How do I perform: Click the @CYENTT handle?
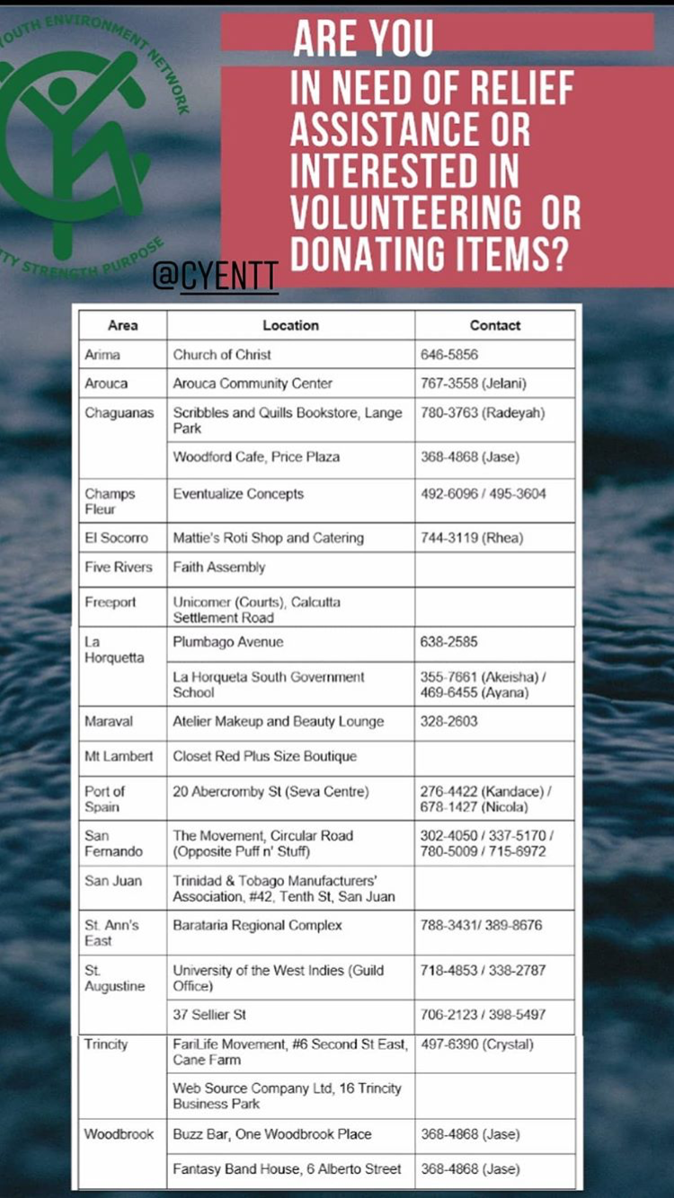click(215, 277)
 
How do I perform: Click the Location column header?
click(290, 325)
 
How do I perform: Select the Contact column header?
click(494, 325)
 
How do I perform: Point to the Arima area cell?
click(102, 355)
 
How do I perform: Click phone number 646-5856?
click(449, 355)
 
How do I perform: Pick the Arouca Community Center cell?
click(253, 383)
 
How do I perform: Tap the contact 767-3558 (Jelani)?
click(473, 383)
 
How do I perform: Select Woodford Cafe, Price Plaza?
click(256, 457)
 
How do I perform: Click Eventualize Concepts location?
click(238, 494)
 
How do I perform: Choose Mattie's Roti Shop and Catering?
click(268, 538)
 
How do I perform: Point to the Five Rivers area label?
click(119, 568)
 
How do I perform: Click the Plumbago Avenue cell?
click(228, 642)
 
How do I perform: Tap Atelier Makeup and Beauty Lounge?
click(279, 721)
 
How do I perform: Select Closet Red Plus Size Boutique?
click(265, 756)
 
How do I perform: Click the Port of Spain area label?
click(104, 798)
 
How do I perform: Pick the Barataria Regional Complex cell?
click(258, 925)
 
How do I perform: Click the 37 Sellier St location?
click(209, 1015)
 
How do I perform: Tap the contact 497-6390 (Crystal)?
click(476, 1044)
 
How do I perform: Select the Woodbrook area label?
click(120, 1134)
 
